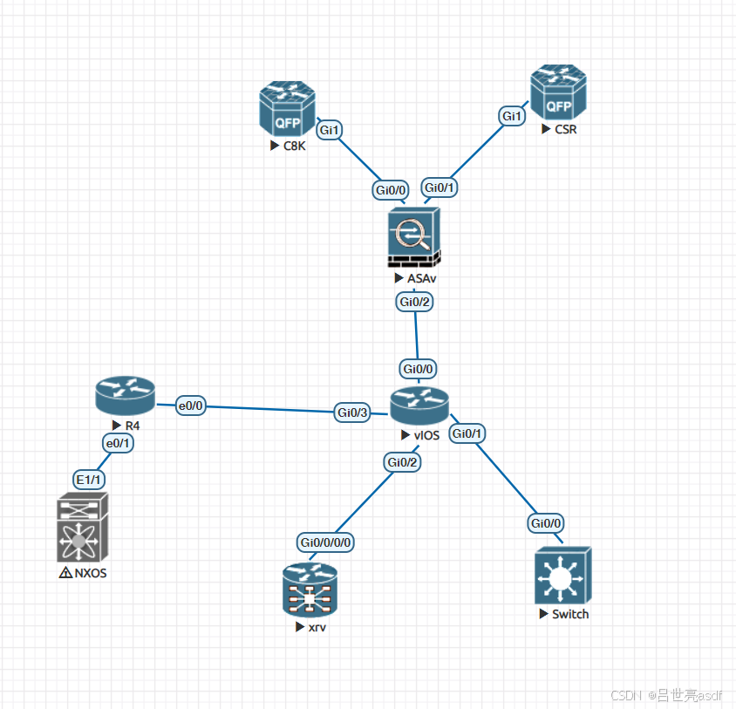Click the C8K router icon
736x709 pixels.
click(x=287, y=109)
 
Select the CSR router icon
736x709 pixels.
click(x=559, y=93)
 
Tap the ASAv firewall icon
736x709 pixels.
click(x=414, y=237)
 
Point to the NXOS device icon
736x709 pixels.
click(x=82, y=529)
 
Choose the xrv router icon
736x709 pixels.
click(x=310, y=590)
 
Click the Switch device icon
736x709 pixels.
click(x=562, y=576)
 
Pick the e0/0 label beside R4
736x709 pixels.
click(x=190, y=406)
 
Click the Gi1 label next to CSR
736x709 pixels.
click(x=512, y=116)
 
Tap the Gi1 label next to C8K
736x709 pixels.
click(x=330, y=130)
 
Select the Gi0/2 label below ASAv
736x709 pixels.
click(x=415, y=302)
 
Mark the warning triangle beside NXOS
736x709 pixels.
click(x=65, y=574)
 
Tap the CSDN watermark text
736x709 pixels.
click(x=626, y=695)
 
